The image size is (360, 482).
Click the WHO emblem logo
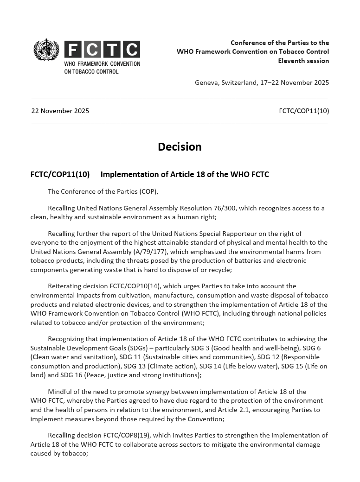pyautogui.click(x=46, y=50)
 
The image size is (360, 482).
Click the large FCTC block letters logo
pyautogui.click(x=102, y=50)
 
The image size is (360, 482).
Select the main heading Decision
pyautogui.click(x=180, y=147)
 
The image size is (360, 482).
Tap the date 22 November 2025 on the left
pyautogui.click(x=60, y=111)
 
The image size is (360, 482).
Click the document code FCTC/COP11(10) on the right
pyautogui.click(x=304, y=111)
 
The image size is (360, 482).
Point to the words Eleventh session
pyautogui.click(x=303, y=61)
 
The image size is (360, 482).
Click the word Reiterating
pyautogui.click(x=65, y=286)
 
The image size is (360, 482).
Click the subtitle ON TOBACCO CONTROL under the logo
pyautogui.click(x=91, y=71)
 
